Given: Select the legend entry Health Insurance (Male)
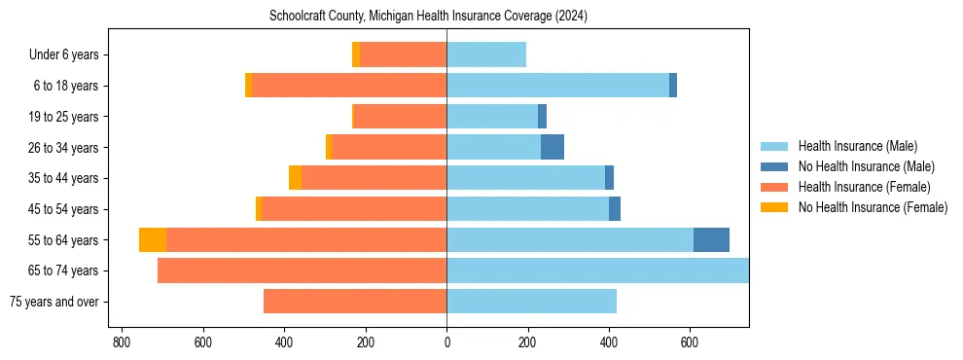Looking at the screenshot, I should click(857, 146).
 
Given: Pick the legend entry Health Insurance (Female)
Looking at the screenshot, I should click(864, 187).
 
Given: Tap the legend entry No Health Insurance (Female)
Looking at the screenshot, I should click(873, 207).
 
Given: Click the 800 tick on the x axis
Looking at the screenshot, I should click(122, 342).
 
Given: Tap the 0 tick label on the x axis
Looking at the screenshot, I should click(446, 342).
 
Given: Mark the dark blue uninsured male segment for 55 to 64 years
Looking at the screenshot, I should click(711, 239).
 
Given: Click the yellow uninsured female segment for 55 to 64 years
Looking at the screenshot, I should click(153, 239).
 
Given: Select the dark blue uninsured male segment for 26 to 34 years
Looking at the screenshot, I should click(553, 147).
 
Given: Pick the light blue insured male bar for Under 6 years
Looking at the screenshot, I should click(486, 54).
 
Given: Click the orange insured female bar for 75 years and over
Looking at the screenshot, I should click(355, 302).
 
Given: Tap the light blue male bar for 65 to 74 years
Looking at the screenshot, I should click(597, 270).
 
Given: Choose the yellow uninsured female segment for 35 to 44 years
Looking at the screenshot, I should click(295, 178).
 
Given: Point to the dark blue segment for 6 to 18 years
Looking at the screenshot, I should click(673, 86).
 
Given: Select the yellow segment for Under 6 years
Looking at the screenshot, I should click(356, 54).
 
